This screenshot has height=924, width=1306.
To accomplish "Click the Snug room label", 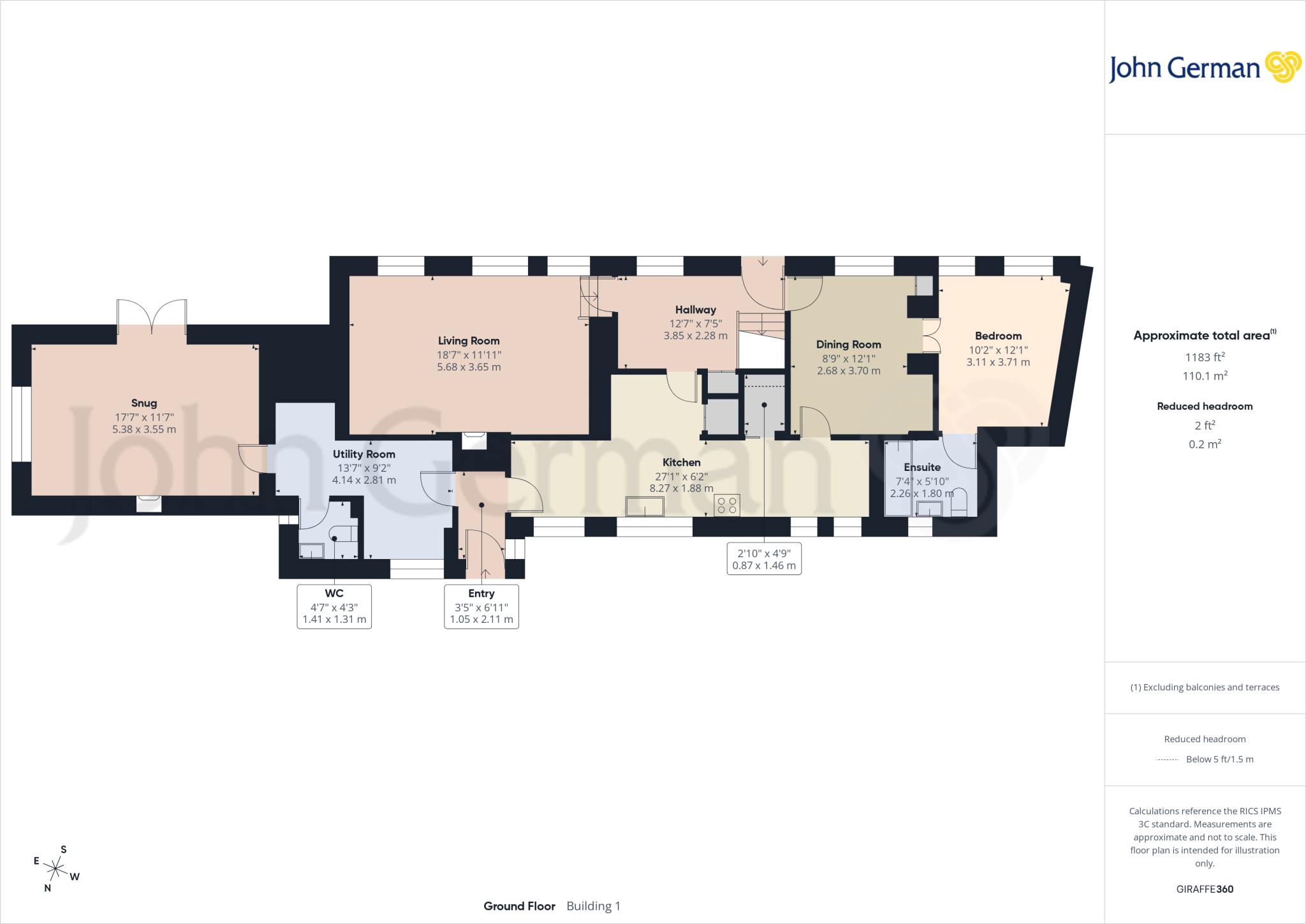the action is (x=144, y=403).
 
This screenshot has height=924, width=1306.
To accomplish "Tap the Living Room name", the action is (x=469, y=341).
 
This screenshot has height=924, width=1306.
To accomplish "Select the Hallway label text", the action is (x=696, y=310).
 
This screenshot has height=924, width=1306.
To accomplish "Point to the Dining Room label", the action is (x=849, y=345).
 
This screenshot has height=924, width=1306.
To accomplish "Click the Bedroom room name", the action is (x=999, y=336).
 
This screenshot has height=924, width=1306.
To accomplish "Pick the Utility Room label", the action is (x=364, y=454).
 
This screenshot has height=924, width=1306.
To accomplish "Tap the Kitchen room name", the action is (x=682, y=463).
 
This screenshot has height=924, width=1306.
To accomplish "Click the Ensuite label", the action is (x=922, y=468).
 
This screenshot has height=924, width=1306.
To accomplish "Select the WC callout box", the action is (x=334, y=606).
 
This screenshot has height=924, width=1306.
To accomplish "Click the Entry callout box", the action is (x=481, y=606).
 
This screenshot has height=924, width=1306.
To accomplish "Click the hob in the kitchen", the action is (x=727, y=505).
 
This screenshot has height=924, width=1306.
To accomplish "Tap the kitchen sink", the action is (x=645, y=507).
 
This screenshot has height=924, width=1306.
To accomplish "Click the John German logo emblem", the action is (x=1283, y=67).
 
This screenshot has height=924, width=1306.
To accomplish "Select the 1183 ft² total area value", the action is (x=1205, y=357).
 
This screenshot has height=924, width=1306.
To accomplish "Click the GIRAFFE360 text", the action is (x=1205, y=889).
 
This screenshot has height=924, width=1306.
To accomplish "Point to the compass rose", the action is (x=56, y=868).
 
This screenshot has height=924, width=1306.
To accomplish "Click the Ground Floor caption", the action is (x=519, y=906).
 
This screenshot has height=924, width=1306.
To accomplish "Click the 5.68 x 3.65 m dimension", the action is (x=469, y=367).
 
